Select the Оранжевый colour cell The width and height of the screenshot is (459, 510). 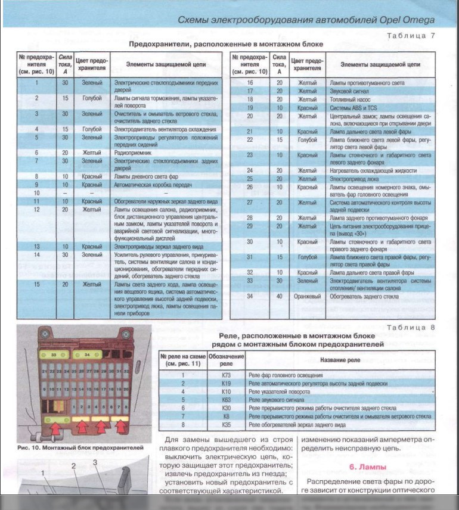click(x=308, y=296)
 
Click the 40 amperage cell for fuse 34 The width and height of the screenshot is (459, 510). click(x=278, y=296)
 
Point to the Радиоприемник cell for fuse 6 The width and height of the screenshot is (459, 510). click(x=134, y=153)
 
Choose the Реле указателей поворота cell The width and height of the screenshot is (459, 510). click(x=280, y=393)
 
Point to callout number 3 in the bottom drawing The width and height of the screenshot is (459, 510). click(x=94, y=462)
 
